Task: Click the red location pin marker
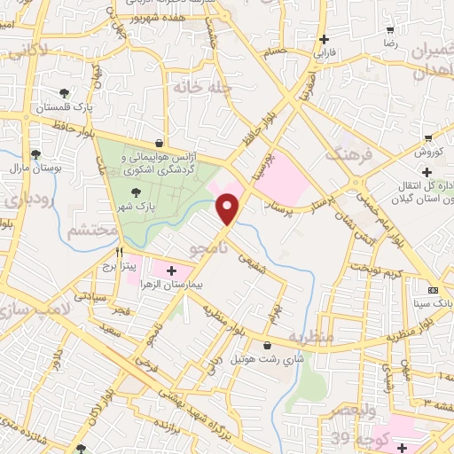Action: pos(229,208)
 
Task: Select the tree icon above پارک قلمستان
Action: pos(64,93)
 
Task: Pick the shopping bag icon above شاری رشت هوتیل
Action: pos(268,345)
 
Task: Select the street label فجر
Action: pos(122,312)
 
